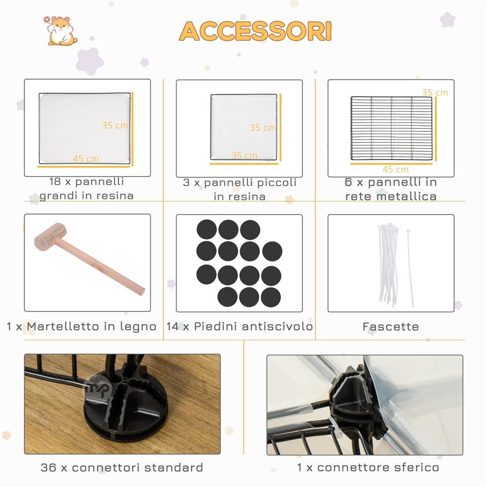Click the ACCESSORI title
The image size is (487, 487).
tap(255, 31)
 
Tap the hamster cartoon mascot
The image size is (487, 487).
tap(61, 30)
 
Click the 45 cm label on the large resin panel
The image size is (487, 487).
tap(86, 159)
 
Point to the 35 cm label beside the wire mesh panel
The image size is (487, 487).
tap(435, 92)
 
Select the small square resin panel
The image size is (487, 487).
tap(243, 127)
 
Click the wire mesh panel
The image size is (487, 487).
tap(391, 128)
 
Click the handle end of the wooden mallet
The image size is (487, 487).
tap(142, 291)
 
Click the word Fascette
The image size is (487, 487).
tap(391, 327)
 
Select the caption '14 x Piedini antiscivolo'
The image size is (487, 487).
tap(239, 326)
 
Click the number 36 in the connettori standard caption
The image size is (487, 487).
tap(49, 467)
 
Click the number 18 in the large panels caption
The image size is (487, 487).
tap(55, 182)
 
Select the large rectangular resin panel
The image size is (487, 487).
tap(85, 128)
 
